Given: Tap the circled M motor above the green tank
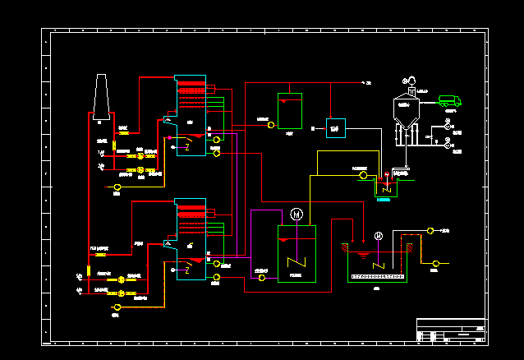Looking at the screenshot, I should [297, 215].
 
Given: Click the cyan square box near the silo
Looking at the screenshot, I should [336, 127].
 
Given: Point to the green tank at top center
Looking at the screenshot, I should [289, 111].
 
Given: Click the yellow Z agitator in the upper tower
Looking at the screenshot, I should [188, 147].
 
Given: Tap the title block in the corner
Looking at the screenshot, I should [451, 330].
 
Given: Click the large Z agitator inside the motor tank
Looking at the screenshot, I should [296, 263].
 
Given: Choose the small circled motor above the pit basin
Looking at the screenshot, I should [379, 237].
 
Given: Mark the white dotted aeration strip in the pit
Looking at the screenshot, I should [378, 277].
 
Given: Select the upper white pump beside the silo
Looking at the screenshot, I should [447, 127].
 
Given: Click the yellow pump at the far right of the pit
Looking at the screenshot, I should [435, 264].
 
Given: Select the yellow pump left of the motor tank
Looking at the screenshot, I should [261, 278].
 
